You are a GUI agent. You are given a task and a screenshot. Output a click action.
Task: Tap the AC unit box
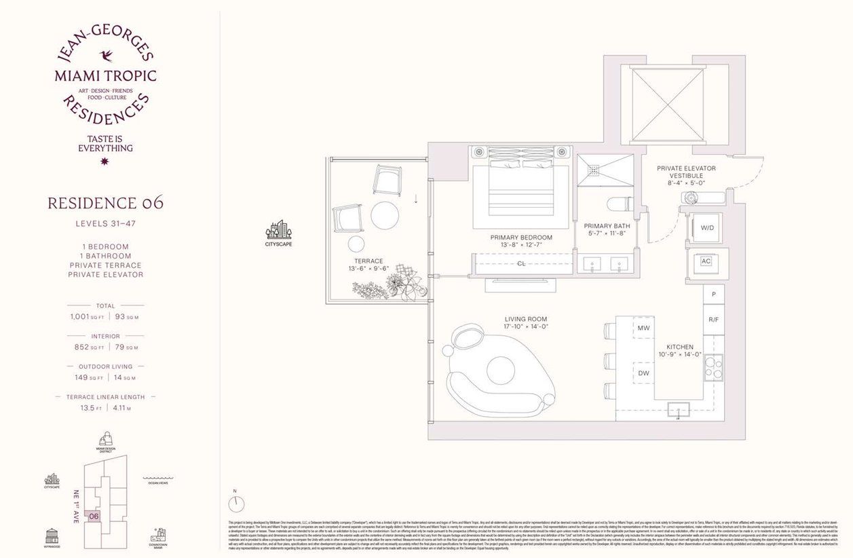705,261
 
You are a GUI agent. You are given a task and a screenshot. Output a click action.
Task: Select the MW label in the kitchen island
643,329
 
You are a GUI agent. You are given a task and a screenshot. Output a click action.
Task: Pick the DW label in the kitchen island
643,372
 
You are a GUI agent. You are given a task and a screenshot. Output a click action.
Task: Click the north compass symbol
237,504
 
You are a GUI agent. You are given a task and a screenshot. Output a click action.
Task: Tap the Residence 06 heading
105,202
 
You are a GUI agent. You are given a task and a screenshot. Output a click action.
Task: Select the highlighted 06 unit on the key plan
94,517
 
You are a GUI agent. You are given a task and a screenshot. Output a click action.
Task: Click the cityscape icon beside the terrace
279,230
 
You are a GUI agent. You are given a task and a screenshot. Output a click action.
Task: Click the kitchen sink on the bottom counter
678,409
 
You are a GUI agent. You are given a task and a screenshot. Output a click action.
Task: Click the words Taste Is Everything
105,143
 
